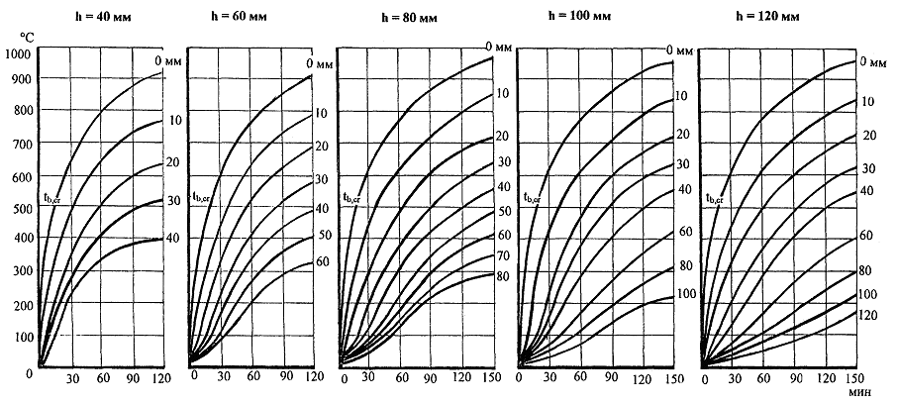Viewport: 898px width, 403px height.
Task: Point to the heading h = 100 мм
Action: [x=583, y=17]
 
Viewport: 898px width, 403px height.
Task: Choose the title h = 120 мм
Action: [x=760, y=17]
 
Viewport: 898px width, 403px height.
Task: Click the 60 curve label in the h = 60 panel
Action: [x=322, y=261]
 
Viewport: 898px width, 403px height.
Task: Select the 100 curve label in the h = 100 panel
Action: [x=683, y=294]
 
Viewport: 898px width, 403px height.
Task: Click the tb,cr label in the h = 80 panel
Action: [x=351, y=197]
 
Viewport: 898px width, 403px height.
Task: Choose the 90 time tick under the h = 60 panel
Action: [x=283, y=376]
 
